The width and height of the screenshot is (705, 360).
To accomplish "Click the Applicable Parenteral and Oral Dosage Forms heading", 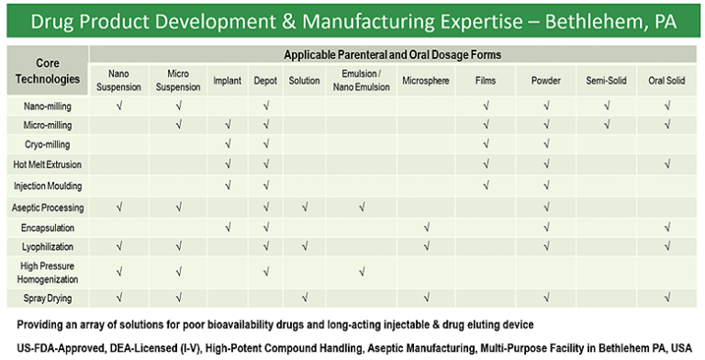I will coord(396,54).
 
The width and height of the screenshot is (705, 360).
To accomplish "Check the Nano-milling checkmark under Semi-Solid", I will coord(606,107).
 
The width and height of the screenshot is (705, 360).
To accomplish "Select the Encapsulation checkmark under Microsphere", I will coord(425,227).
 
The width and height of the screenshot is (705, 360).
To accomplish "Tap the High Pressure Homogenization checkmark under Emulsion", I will coord(362,272).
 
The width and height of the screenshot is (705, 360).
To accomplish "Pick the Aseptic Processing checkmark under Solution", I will coord(304,207).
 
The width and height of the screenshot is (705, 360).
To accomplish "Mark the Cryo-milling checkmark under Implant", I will coord(227,144).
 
